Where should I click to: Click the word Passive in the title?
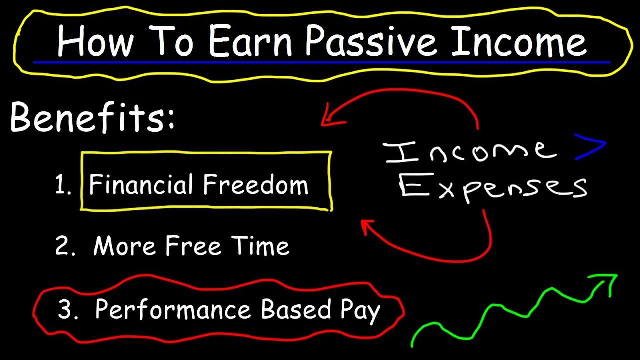(x=371, y=41)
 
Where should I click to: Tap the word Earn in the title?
(x=250, y=41)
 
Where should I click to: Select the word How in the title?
(x=95, y=41)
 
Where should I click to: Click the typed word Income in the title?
(x=519, y=41)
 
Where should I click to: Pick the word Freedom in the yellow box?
(x=255, y=184)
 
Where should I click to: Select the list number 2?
(x=65, y=245)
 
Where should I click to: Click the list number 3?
(x=67, y=308)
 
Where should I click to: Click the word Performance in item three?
(x=173, y=309)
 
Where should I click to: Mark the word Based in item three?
(x=296, y=308)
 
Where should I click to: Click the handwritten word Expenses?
(x=493, y=187)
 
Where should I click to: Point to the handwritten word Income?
(x=470, y=152)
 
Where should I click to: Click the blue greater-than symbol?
(x=590, y=147)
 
